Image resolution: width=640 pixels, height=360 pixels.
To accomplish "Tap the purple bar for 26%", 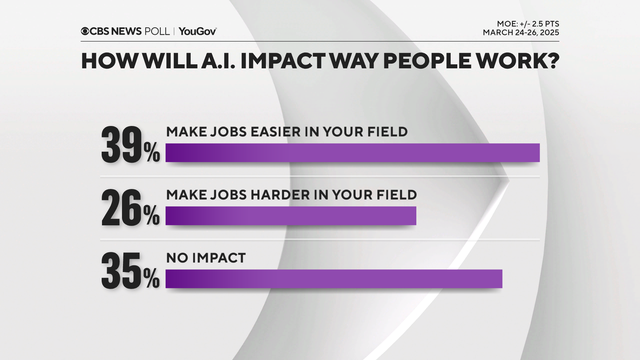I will (290, 215).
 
